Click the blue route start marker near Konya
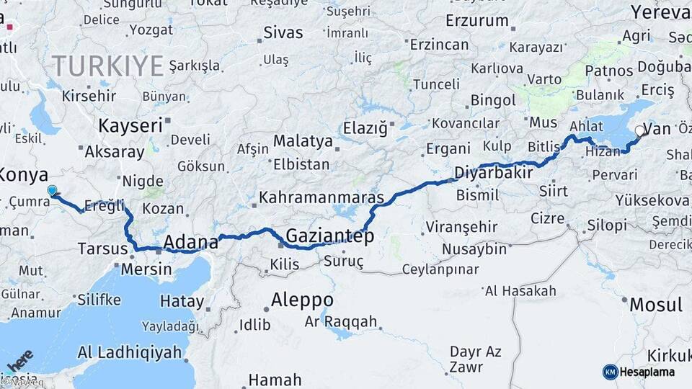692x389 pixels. pyautogui.click(x=52, y=191)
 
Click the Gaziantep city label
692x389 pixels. pyautogui.click(x=329, y=236)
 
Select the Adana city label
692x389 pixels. pyautogui.click(x=191, y=241)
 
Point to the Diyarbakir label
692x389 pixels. pyautogui.click(x=494, y=173)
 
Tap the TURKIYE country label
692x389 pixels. pyautogui.click(x=108, y=66)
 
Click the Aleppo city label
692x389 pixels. pyautogui.click(x=302, y=300)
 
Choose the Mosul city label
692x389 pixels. pyautogui.click(x=655, y=305)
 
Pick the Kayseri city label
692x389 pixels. pyautogui.click(x=130, y=125)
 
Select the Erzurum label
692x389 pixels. pyautogui.click(x=477, y=21)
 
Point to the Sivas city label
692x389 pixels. pyautogui.click(x=283, y=32)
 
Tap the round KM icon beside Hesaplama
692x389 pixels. pyautogui.click(x=610, y=372)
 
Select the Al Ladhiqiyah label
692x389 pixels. pyautogui.click(x=129, y=352)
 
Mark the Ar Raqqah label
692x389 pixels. pyautogui.click(x=341, y=321)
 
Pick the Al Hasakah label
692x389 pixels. pyautogui.click(x=520, y=291)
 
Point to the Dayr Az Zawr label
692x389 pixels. pyautogui.click(x=475, y=359)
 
